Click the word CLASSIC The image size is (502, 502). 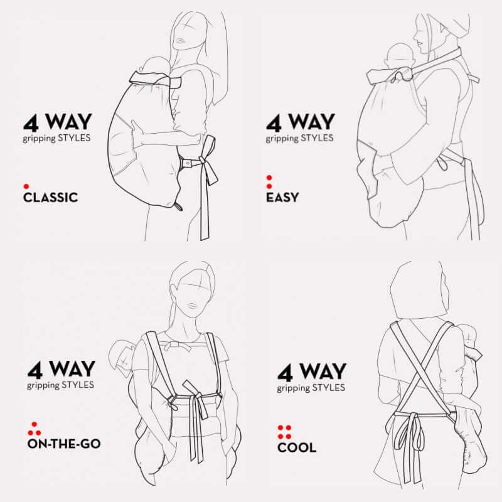[50, 198]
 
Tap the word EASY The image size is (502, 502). [282, 198]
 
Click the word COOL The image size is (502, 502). [297, 447]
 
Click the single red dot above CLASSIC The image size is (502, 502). [26, 186]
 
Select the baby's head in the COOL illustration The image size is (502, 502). [466, 336]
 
